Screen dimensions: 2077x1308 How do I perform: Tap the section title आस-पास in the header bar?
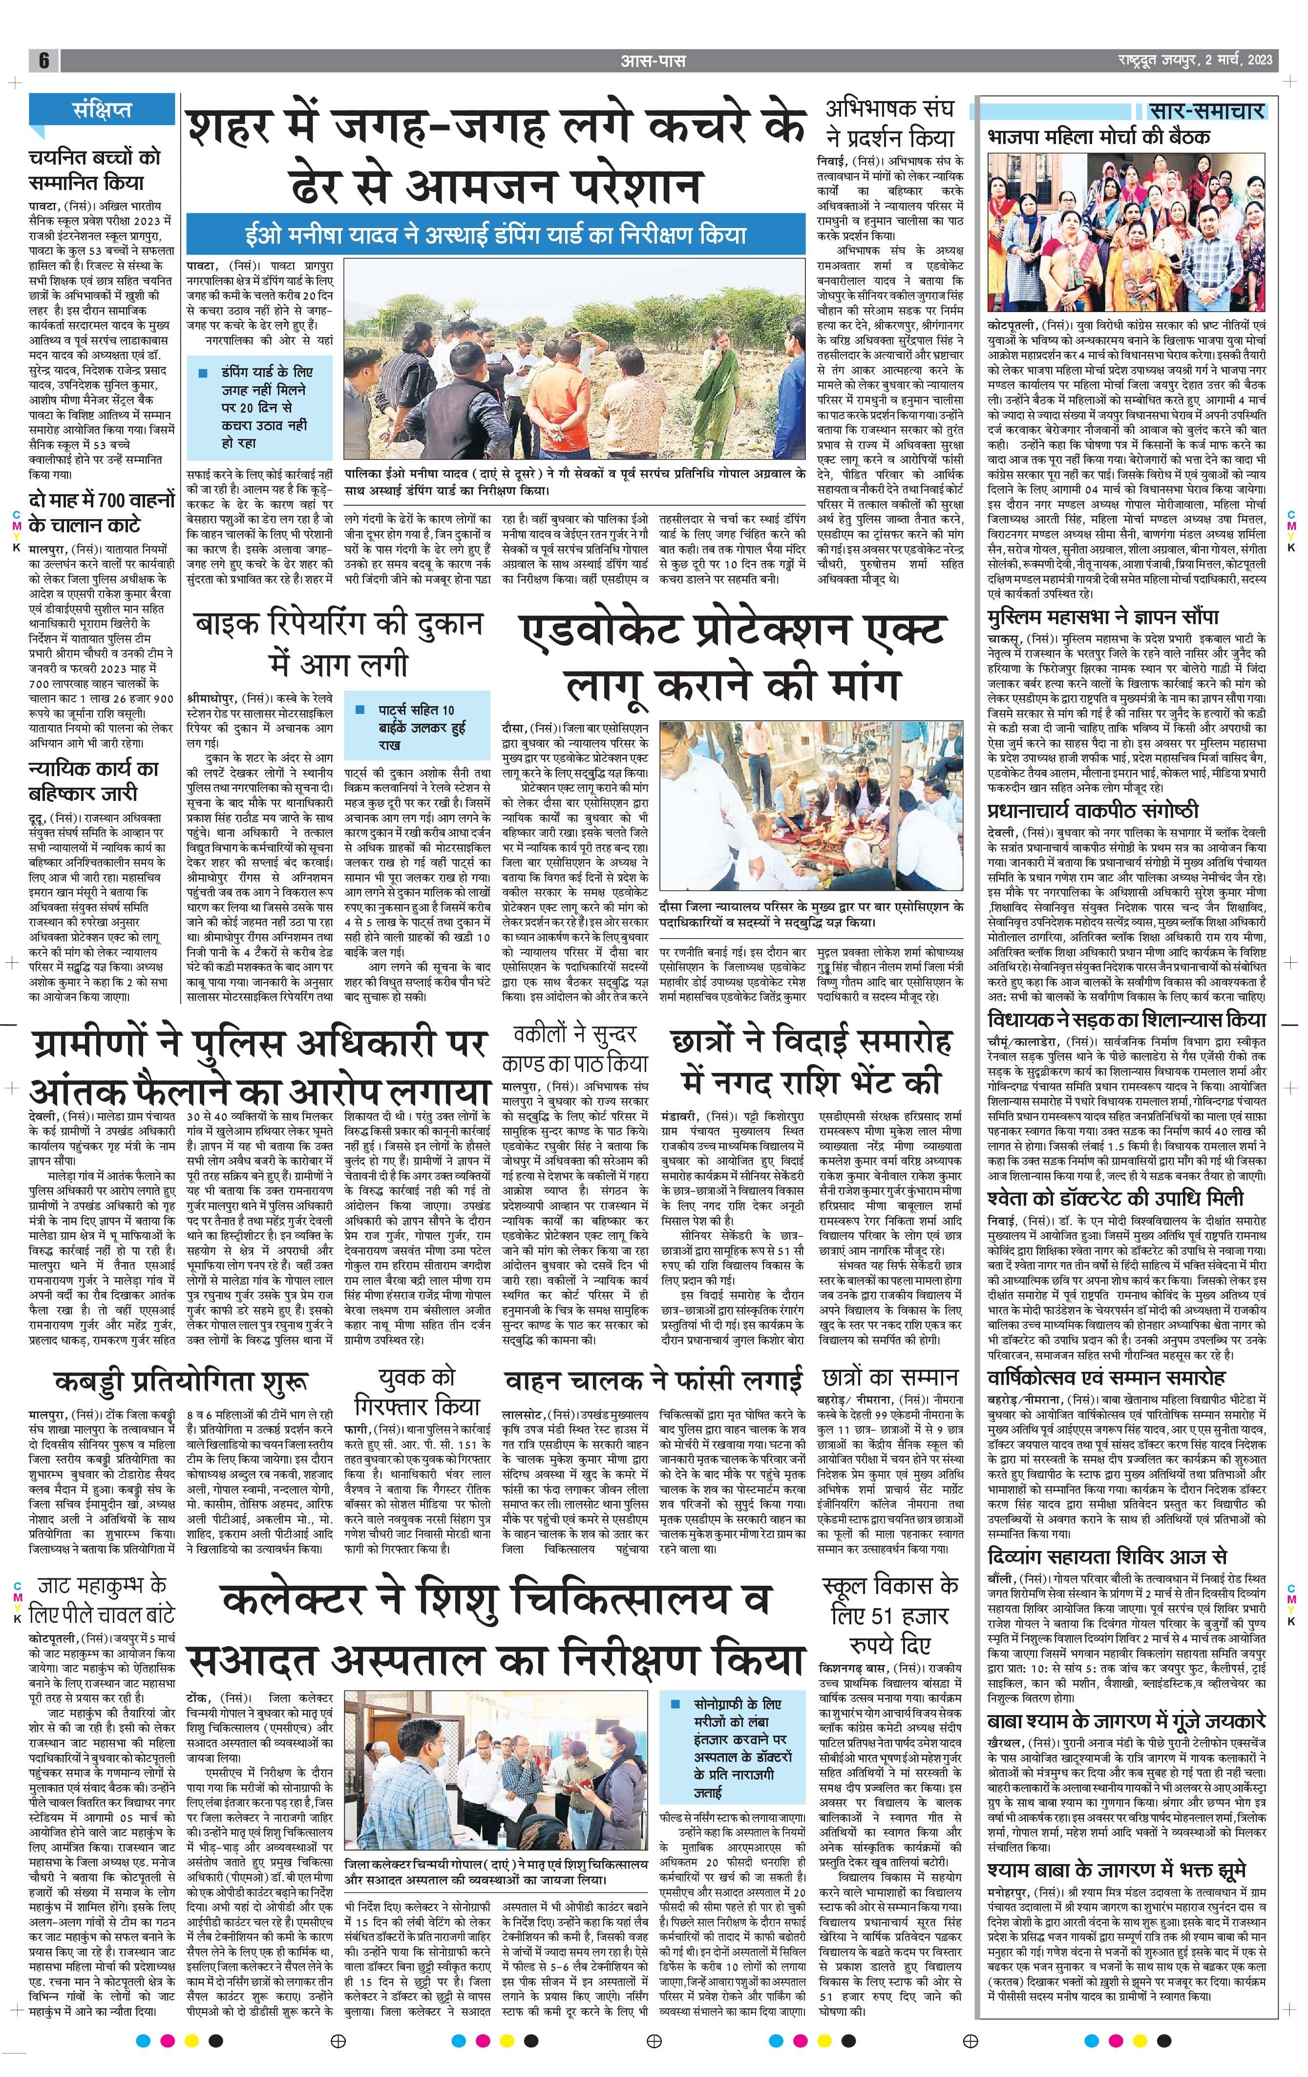click(x=653, y=61)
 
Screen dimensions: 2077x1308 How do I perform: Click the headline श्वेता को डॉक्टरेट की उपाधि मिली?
click(x=1116, y=1198)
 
